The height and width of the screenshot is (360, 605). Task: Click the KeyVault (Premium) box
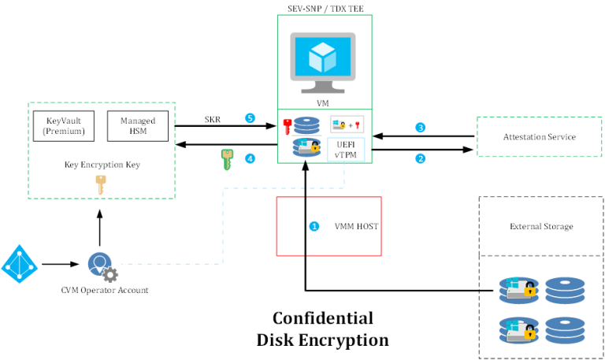tap(63, 126)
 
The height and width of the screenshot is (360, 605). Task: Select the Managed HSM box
tap(137, 126)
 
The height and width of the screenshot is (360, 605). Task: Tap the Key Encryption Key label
tap(101, 165)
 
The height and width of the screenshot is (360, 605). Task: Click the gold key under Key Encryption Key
tap(101, 184)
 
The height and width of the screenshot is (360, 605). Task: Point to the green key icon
tap(227, 159)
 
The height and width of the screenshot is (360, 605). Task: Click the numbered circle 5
tap(250, 118)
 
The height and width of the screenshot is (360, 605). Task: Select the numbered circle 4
tap(250, 158)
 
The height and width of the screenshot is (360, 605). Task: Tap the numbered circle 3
tap(421, 128)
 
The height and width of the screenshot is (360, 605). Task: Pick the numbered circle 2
tap(421, 158)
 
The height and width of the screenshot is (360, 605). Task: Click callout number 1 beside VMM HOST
tap(314, 226)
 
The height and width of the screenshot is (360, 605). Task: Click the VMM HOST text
tap(356, 227)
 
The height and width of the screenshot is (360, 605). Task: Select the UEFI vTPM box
tap(346, 150)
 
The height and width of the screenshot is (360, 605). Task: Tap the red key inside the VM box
tap(288, 126)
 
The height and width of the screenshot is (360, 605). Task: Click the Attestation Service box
tap(539, 137)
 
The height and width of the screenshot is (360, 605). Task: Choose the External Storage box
tap(540, 227)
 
